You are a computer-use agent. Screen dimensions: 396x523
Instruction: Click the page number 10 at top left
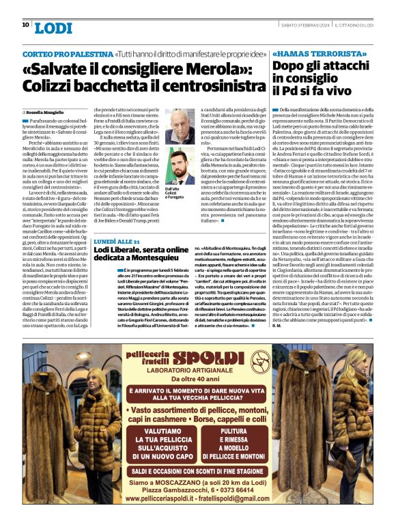pyautogui.click(x=25, y=25)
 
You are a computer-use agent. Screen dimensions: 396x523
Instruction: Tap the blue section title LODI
pyautogui.click(x=52, y=28)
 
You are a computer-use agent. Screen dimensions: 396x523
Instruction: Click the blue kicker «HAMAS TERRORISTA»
pyautogui.click(x=309, y=53)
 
